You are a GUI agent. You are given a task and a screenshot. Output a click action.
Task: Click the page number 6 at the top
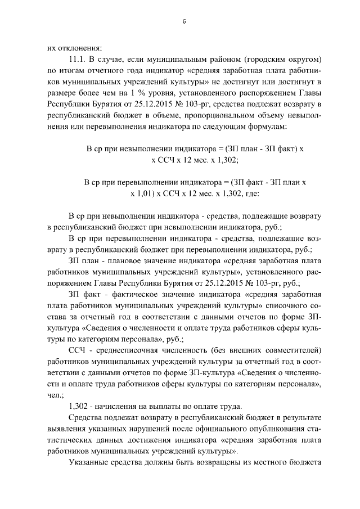(183, 21)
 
